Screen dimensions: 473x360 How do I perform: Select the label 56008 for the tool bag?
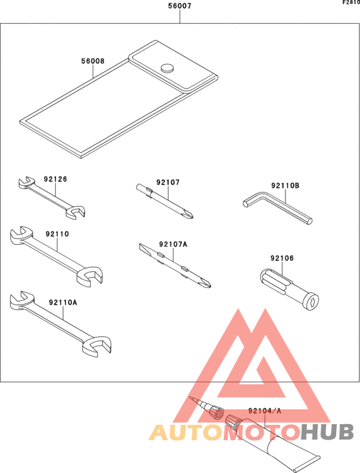[x=93, y=62]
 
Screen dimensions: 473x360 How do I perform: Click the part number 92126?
[x=55, y=180]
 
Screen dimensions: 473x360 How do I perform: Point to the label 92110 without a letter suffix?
[x=57, y=235]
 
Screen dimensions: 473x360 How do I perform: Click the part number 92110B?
[x=285, y=186]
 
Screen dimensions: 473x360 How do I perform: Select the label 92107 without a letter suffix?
[x=168, y=183]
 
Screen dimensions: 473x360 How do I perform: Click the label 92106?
[x=282, y=258]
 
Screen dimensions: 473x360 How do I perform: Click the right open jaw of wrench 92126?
[x=78, y=212]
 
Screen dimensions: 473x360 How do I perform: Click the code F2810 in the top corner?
[x=350, y=3]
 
